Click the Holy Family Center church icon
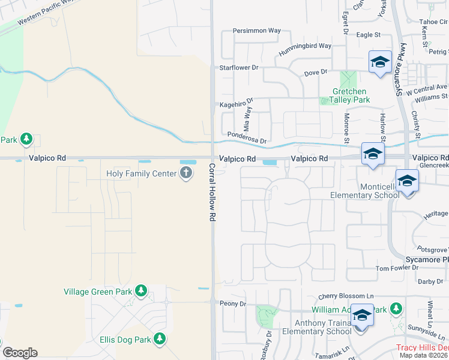point(186,173)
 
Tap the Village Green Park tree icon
point(141,292)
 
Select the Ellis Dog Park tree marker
point(159,340)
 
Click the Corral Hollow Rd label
point(212,193)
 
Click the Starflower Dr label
point(238,68)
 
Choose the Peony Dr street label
point(233,304)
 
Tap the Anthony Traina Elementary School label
point(312,327)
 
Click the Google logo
point(20,352)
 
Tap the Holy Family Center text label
point(142,173)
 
